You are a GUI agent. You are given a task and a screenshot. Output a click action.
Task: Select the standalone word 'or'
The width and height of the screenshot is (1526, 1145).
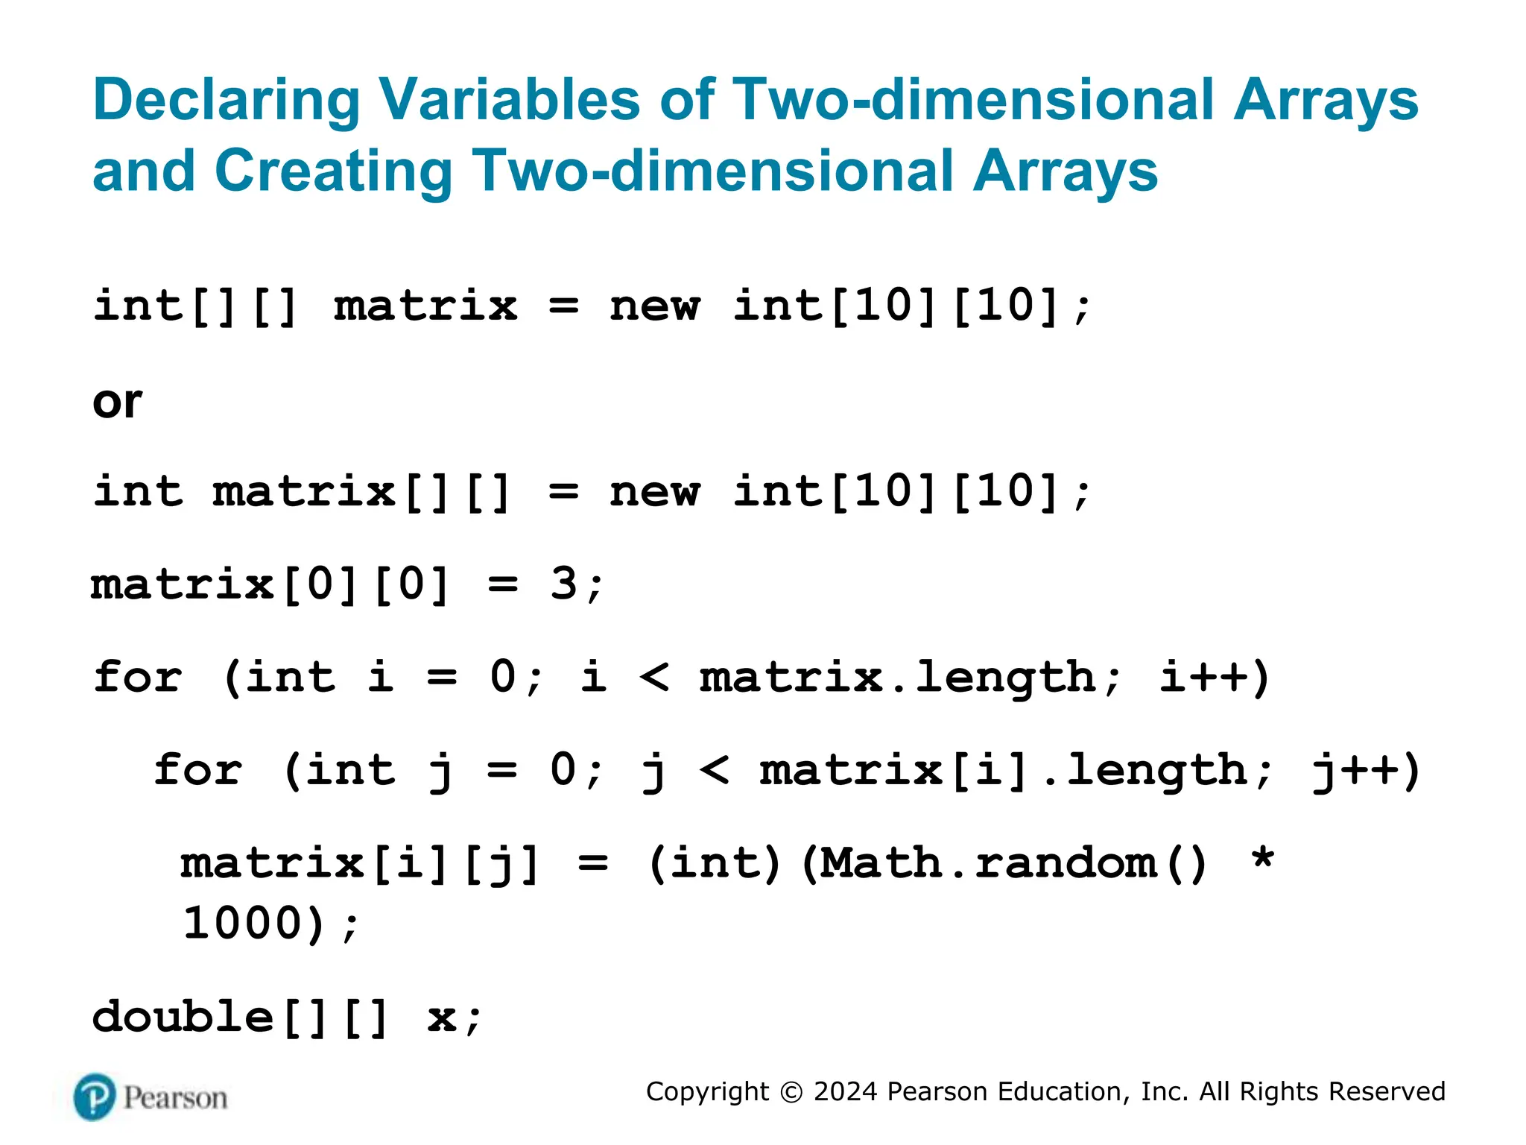pyautogui.click(x=117, y=403)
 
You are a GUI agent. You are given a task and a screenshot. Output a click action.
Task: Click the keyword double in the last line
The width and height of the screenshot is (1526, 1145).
pyautogui.click(x=183, y=1018)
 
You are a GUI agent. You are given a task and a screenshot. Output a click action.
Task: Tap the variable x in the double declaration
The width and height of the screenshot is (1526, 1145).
pyautogui.click(x=442, y=1018)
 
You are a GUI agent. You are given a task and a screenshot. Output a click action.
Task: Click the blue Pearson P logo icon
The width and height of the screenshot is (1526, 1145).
pyautogui.click(x=95, y=1097)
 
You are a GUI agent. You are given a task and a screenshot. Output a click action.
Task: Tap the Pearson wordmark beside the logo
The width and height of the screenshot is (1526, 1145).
pyautogui.click(x=175, y=1098)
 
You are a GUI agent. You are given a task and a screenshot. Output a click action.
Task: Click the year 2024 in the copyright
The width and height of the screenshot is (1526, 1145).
pyautogui.click(x=845, y=1091)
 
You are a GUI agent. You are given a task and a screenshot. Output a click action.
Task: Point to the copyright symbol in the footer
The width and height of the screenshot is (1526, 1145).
pyautogui.click(x=791, y=1092)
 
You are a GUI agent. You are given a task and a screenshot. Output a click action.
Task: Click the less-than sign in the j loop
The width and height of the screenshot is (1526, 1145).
pyautogui.click(x=715, y=770)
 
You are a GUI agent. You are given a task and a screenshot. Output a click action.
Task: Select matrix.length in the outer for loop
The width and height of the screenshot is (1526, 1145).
pyautogui.click(x=897, y=678)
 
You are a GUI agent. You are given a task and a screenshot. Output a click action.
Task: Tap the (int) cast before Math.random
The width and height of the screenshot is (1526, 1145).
pyautogui.click(x=715, y=864)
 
